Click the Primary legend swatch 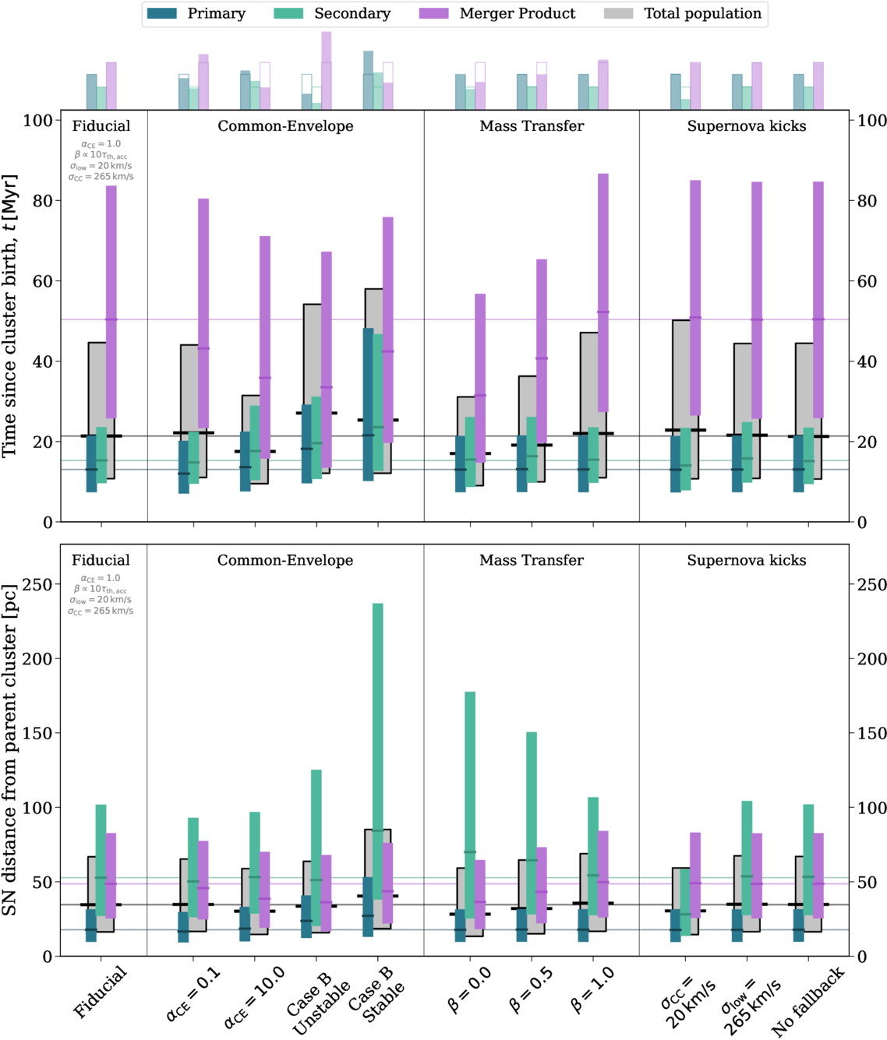(161, 13)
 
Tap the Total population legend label (702, 13)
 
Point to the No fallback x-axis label (807, 1002)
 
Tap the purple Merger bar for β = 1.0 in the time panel (603, 293)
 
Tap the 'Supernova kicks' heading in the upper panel (747, 126)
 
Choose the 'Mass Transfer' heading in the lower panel (532, 560)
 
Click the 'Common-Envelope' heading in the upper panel (285, 126)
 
